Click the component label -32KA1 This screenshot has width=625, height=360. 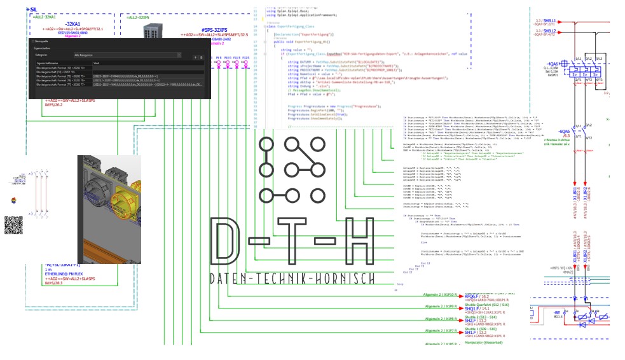click(78, 24)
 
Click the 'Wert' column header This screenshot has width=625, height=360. click(97, 64)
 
